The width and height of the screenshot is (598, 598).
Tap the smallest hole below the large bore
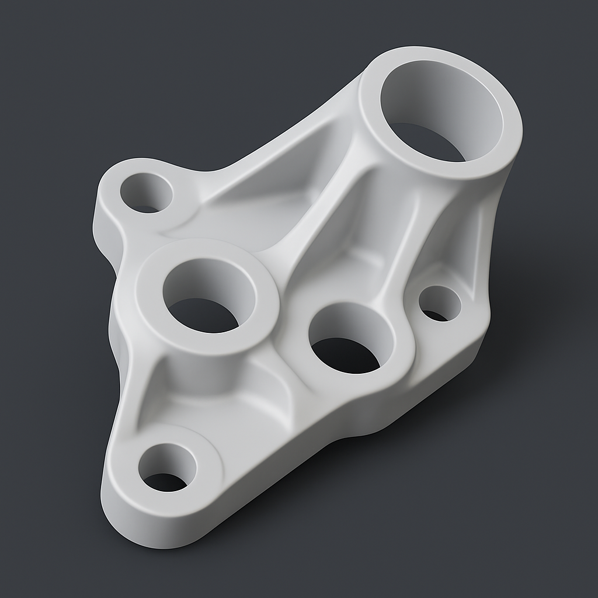point(439,304)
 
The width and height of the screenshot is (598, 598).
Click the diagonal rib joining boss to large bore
point(315,234)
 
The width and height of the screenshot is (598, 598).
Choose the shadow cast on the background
point(409,467)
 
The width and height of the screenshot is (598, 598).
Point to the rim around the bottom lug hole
point(204,467)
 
